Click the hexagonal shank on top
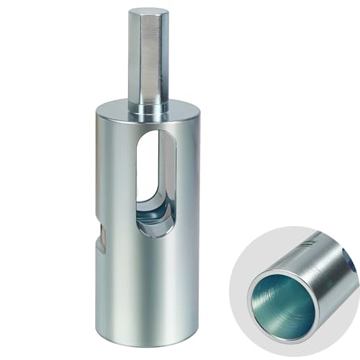tap(148, 58)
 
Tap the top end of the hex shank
tap(148, 11)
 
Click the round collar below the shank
tap(148, 110)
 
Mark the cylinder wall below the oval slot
tap(151, 288)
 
